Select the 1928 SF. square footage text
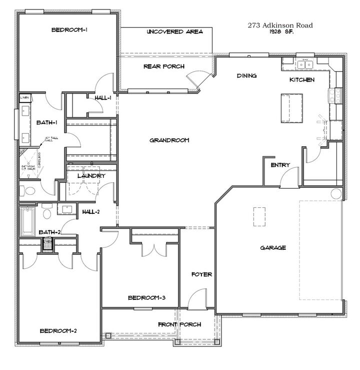(281, 32)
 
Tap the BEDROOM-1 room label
(69, 30)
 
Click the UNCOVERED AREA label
(174, 32)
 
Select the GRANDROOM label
(169, 141)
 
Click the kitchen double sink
(305, 64)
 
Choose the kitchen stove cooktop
(334, 96)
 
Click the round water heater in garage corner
(336, 193)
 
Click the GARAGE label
(273, 247)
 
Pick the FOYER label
(202, 274)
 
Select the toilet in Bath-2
(47, 213)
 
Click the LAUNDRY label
(91, 176)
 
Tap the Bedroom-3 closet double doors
(153, 249)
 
